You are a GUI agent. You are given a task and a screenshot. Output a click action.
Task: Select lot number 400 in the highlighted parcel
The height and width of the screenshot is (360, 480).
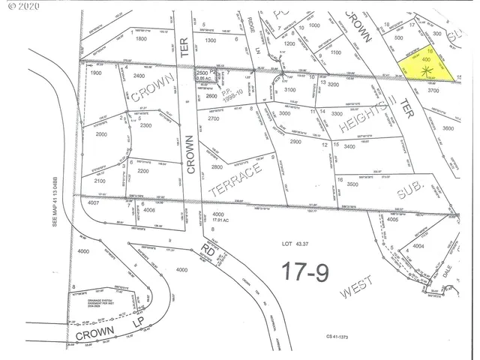click(x=427, y=58)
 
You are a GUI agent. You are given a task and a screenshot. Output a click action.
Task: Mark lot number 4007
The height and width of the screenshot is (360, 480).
click(x=93, y=203)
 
